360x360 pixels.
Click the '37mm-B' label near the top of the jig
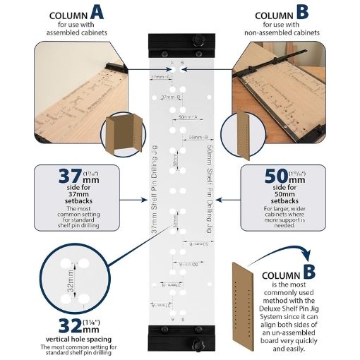171,97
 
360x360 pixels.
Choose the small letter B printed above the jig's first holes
183,63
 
